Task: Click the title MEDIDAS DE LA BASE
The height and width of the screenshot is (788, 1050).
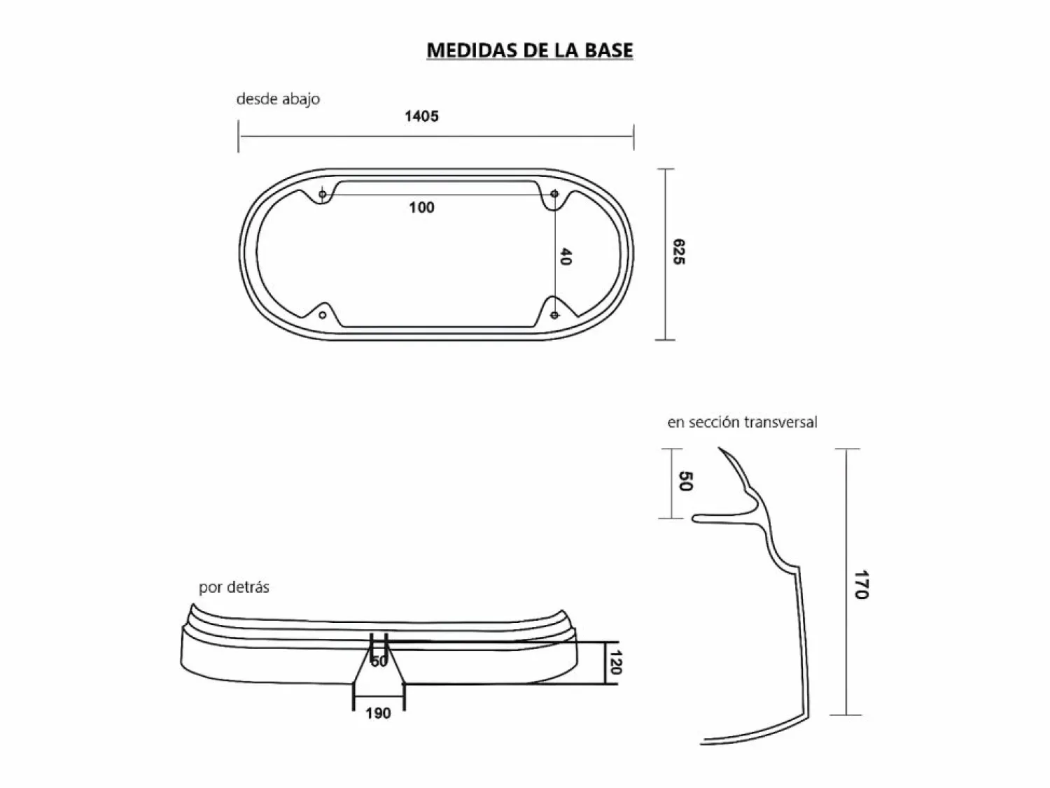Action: point(529,50)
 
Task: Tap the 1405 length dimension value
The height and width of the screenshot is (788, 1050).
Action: point(421,116)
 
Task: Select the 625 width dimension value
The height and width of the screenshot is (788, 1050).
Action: point(679,252)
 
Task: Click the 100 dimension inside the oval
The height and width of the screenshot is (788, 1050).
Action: point(421,208)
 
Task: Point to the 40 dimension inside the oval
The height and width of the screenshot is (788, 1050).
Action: point(566,256)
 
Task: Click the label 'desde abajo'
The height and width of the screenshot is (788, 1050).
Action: point(278,99)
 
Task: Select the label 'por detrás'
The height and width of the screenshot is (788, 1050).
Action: point(234,586)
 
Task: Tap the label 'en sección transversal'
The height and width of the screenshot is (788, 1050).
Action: point(742,422)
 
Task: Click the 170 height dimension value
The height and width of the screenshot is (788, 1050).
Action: point(861,584)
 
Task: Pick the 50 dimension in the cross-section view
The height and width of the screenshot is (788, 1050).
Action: point(686,481)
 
